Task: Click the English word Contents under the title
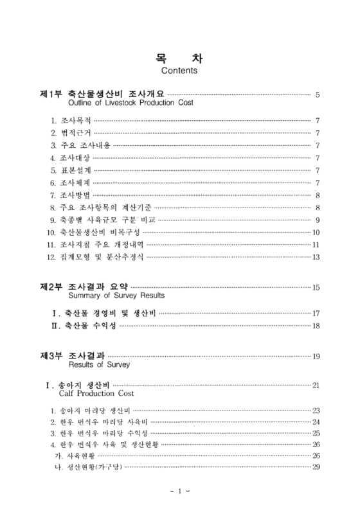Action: [x=180, y=70]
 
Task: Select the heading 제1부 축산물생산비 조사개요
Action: [x=103, y=94]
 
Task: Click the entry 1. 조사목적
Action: [x=71, y=120]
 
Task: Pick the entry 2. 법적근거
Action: [x=71, y=133]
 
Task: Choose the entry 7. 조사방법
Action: [x=71, y=195]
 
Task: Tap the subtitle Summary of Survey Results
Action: [x=116, y=296]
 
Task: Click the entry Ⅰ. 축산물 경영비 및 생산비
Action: [x=104, y=314]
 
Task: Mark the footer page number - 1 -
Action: [x=180, y=492]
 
